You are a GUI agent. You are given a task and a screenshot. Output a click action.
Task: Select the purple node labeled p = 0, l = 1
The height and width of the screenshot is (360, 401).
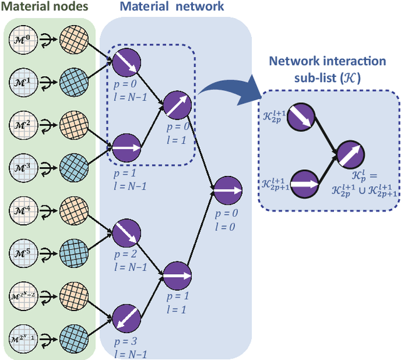176,103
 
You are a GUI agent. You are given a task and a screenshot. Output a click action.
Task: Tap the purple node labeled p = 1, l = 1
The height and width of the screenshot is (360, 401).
176,274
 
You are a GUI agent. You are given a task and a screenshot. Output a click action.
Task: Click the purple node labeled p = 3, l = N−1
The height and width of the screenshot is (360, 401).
126,316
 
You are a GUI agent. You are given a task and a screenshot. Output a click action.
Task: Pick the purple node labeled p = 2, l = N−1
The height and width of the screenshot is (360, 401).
126,232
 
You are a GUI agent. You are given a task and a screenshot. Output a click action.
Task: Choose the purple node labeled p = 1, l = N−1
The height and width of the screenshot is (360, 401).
126,147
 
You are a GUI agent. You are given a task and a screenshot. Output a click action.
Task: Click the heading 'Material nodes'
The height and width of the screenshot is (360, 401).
48,8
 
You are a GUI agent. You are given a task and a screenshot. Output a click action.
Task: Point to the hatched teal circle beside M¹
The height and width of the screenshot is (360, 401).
70,82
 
